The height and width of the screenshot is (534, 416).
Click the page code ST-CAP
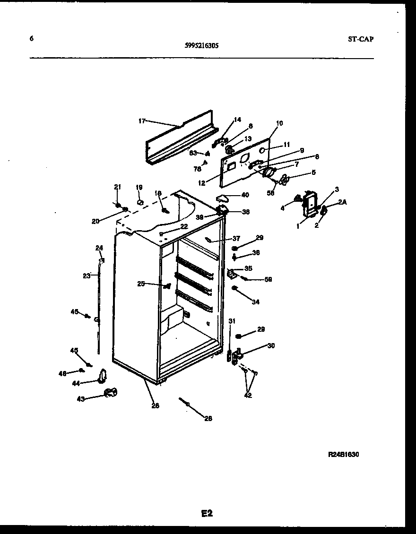[x=357, y=39]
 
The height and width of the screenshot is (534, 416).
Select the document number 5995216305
[x=201, y=46]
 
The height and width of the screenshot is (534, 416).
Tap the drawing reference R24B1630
[x=344, y=455]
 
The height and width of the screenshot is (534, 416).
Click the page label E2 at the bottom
[x=207, y=513]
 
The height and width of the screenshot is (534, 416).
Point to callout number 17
[x=142, y=121]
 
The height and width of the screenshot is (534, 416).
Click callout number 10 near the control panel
[x=279, y=123]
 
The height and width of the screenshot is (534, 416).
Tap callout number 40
[x=245, y=194]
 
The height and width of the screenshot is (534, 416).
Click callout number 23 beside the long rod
[x=86, y=276]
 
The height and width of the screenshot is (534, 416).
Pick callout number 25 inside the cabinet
[x=141, y=284]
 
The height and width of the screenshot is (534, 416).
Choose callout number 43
[x=81, y=399]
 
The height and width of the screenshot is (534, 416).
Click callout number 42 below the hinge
[x=248, y=396]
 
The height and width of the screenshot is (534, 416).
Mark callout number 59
[x=269, y=279]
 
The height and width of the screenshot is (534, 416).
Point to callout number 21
[x=118, y=187]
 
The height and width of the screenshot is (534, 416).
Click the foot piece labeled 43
[x=110, y=392]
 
